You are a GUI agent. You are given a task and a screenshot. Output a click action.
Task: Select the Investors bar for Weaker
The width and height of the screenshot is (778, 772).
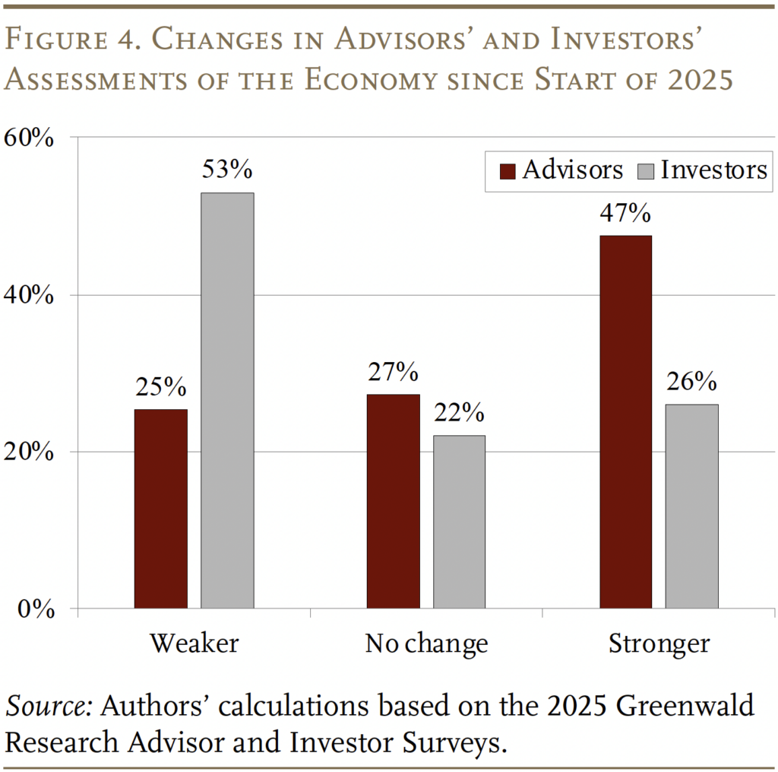[227, 400]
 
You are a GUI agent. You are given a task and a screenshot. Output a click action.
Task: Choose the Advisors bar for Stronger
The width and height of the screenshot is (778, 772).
[625, 421]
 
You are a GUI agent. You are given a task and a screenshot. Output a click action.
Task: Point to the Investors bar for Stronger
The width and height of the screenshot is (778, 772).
[691, 506]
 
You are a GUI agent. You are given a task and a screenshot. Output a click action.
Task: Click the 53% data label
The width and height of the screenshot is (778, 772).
[227, 169]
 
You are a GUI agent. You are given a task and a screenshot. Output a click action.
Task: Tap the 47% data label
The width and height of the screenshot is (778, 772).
[625, 212]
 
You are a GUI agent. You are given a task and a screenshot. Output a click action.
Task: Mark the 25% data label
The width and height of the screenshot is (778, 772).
[161, 386]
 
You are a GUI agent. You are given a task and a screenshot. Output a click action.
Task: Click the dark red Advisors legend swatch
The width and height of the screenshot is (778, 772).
[507, 170]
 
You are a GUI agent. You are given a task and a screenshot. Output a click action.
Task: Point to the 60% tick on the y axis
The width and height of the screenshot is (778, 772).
[28, 138]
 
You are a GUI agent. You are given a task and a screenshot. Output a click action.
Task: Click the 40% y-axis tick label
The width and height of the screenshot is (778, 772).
[28, 296]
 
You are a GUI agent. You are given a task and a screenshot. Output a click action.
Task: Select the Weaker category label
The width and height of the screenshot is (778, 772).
[194, 643]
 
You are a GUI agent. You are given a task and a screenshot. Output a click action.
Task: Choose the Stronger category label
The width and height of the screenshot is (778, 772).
[658, 643]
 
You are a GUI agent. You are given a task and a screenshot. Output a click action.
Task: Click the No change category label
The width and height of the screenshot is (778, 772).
[426, 643]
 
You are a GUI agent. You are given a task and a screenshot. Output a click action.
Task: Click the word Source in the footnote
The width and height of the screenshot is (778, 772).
[48, 706]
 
